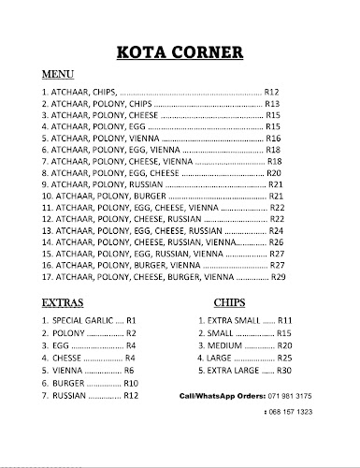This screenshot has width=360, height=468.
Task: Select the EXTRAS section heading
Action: point(64,303)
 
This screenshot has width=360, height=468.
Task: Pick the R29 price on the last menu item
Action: point(278,277)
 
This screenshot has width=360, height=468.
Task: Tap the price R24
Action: point(276,230)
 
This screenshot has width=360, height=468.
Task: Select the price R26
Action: point(277,241)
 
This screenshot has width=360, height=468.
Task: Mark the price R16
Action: point(274,138)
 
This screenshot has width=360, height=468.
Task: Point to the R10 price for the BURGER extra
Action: point(131,383)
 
